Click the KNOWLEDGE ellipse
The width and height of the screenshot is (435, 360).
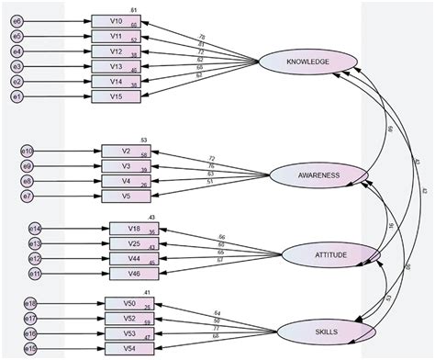[x=307, y=62]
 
